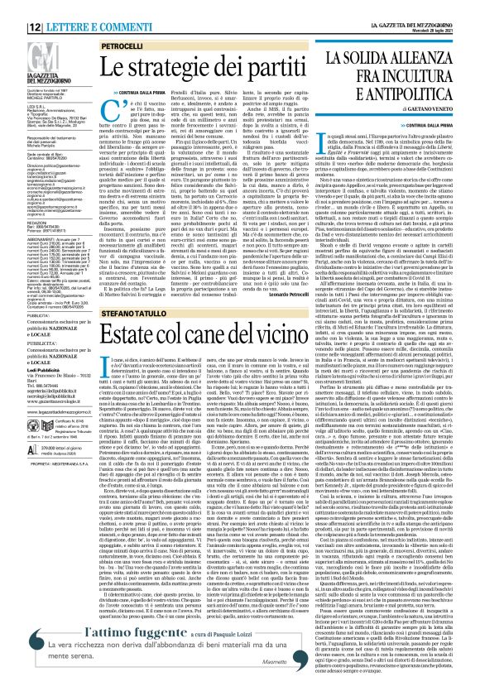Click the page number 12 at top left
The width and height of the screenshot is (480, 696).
coord(16,8)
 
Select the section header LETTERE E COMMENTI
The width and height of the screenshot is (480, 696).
coord(65,8)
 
